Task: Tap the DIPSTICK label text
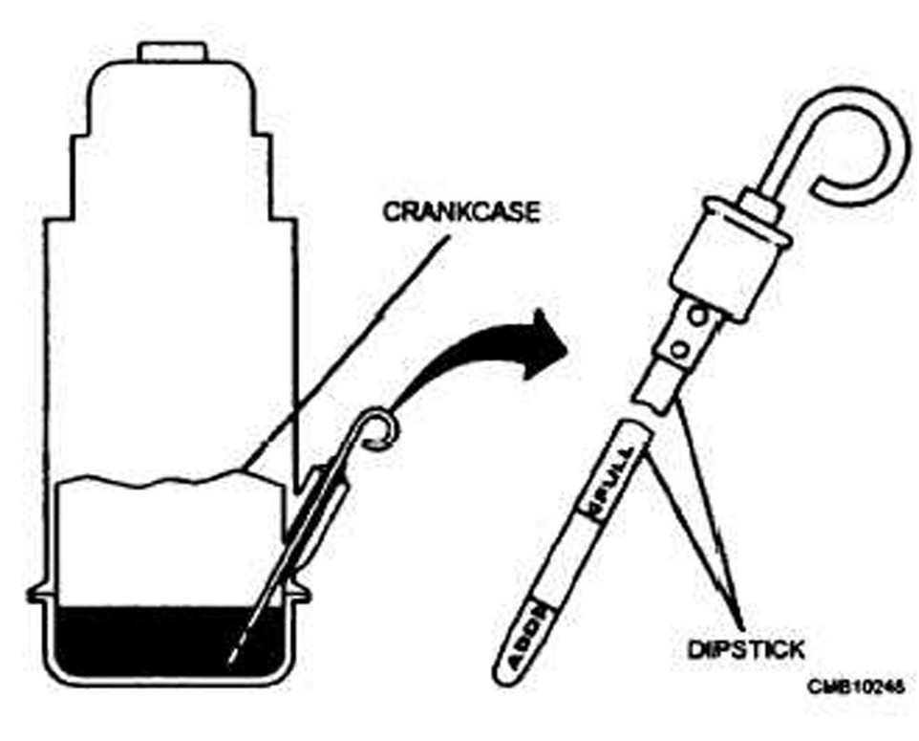click(745, 649)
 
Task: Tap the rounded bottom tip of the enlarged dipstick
click(506, 670)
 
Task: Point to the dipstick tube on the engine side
click(326, 497)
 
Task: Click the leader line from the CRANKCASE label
click(344, 344)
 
